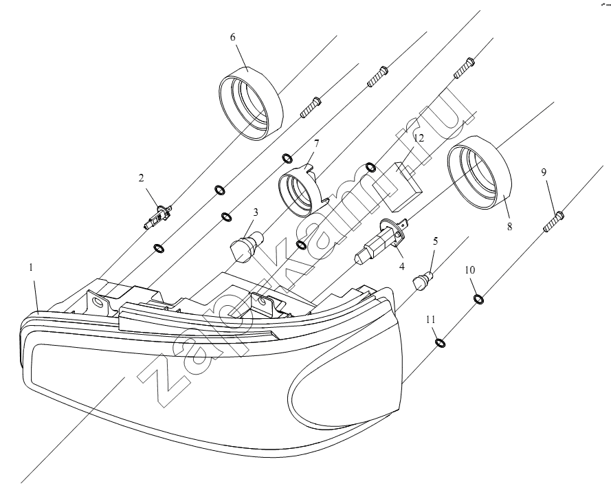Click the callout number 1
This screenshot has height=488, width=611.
click(x=31, y=267)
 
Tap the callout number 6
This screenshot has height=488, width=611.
click(x=232, y=37)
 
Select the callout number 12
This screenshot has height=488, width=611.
click(x=419, y=137)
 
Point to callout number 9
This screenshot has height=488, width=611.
click(x=544, y=172)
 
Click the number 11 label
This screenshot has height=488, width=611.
click(x=430, y=320)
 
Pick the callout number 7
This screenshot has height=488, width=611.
click(x=316, y=144)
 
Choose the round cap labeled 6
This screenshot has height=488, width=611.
click(x=250, y=103)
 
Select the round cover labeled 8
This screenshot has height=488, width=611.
click(x=479, y=173)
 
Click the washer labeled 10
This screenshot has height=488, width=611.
click(x=478, y=299)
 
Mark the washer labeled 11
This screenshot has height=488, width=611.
click(x=440, y=343)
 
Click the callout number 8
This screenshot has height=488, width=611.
click(x=509, y=226)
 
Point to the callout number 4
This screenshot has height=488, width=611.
click(x=401, y=267)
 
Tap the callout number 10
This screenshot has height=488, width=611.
click(x=470, y=269)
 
